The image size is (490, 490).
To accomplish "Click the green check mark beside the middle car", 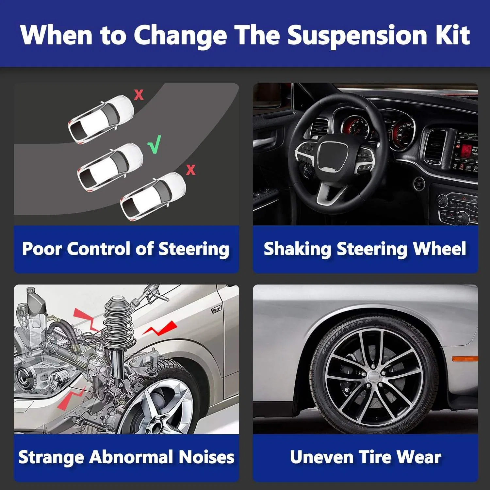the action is [x=155, y=145].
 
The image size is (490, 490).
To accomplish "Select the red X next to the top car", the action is [x=139, y=95].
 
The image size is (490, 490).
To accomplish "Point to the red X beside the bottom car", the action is [x=191, y=170].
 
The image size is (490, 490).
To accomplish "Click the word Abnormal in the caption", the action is [x=131, y=457].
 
